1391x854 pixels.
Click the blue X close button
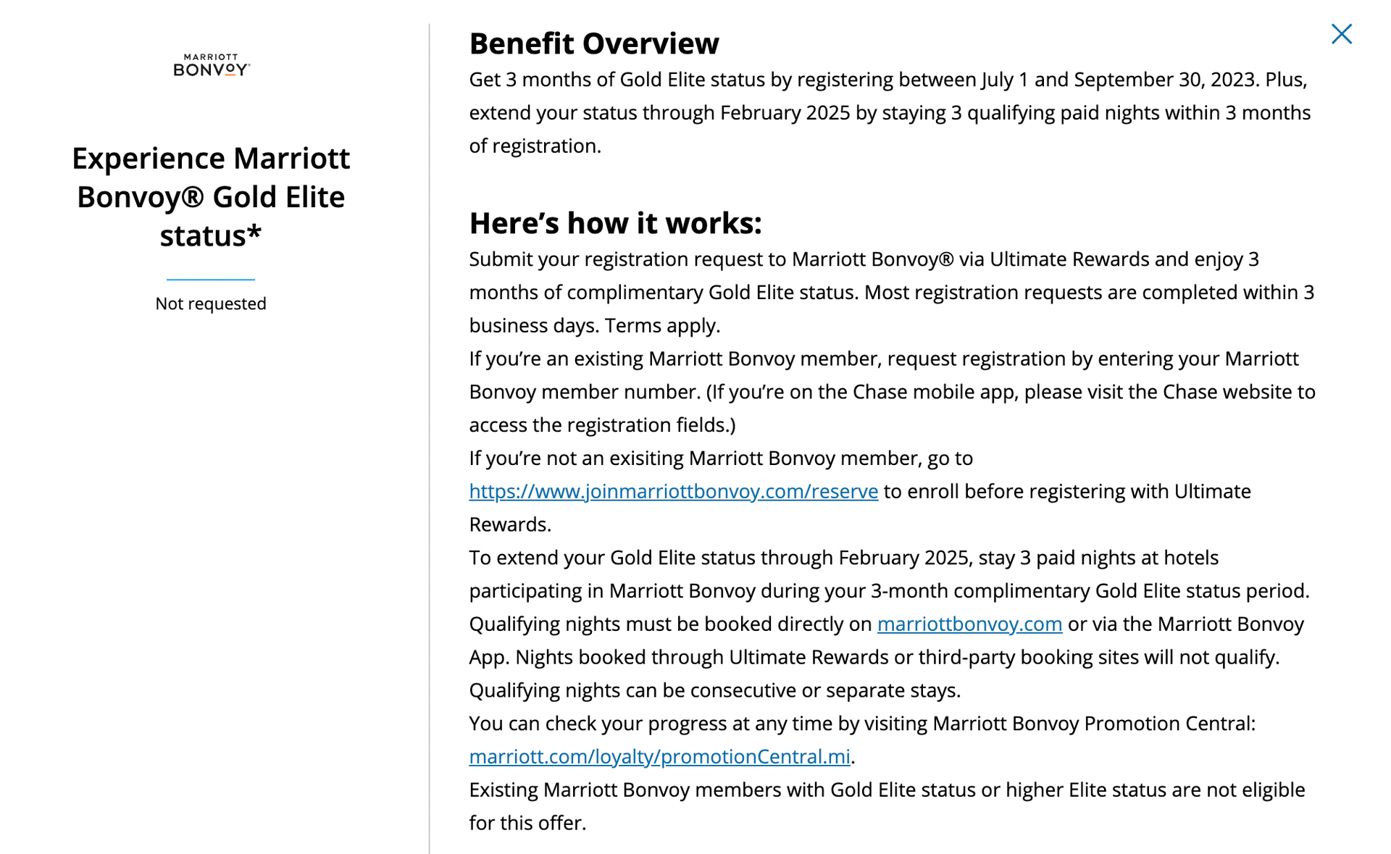click(1341, 34)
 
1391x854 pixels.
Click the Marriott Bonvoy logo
click(211, 65)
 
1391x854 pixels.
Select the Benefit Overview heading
click(593, 43)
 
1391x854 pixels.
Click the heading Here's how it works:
click(615, 223)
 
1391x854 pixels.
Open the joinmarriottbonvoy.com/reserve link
click(673, 491)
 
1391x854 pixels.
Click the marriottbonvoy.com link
click(969, 624)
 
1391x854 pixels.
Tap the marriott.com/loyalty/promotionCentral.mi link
click(659, 756)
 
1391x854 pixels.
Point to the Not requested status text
click(211, 303)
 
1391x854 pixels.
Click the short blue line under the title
click(211, 279)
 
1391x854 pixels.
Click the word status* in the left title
click(211, 236)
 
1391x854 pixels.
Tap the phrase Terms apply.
click(662, 325)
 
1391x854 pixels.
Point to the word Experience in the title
click(149, 159)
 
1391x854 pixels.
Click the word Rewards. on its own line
click(509, 524)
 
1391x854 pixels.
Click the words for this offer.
click(527, 823)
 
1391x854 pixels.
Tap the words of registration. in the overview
click(535, 146)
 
